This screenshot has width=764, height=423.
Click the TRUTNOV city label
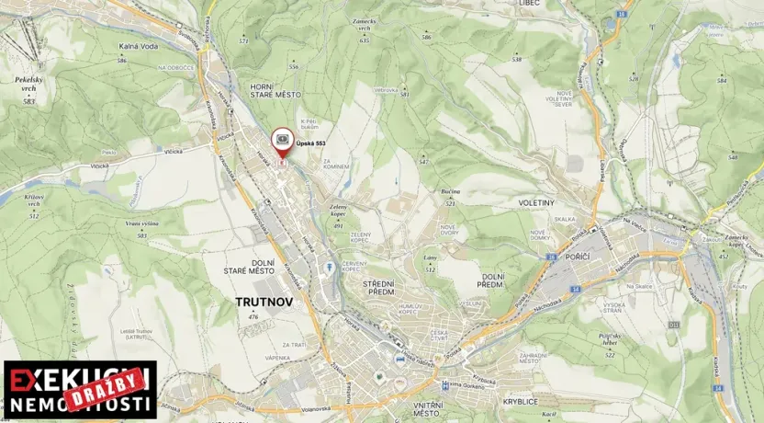[x=261, y=301]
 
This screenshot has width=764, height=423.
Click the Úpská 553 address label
[x=310, y=143]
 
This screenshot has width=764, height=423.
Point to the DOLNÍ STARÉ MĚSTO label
[x=249, y=266]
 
